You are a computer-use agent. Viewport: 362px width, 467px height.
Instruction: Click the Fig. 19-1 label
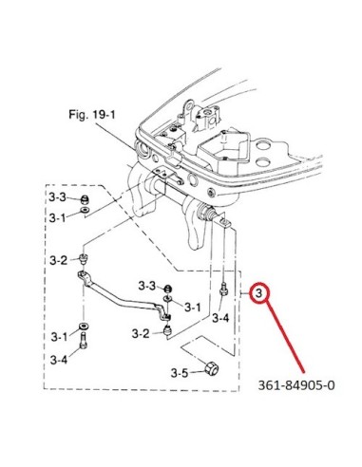(x=92, y=115)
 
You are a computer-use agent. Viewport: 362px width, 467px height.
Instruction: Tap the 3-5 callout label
(x=180, y=373)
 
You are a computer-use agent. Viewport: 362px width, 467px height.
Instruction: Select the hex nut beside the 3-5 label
(x=212, y=369)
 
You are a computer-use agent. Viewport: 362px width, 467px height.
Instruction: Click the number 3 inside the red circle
(x=259, y=293)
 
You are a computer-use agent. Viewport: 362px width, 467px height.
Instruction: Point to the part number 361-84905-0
(x=296, y=385)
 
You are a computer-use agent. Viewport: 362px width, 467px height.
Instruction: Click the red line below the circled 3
(x=284, y=337)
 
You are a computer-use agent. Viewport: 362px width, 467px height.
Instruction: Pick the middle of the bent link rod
(x=124, y=295)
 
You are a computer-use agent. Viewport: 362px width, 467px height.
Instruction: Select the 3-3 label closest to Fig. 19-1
(x=57, y=197)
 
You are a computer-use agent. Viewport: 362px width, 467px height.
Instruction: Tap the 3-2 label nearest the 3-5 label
(x=141, y=333)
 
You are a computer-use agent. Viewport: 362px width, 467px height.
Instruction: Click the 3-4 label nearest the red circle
(x=220, y=318)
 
